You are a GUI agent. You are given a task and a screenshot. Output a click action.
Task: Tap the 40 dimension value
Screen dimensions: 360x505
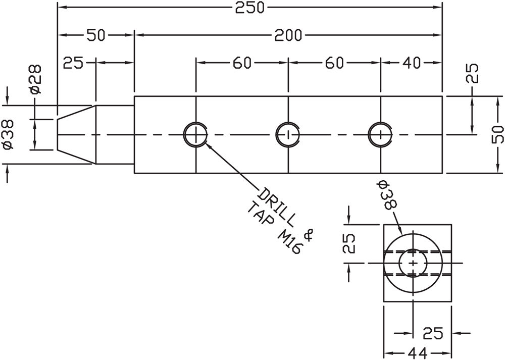pos(412,63)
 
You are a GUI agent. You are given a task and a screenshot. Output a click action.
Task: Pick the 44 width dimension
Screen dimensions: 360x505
pos(417,352)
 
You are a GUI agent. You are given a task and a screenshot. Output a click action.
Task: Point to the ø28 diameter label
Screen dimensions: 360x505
pos(35,79)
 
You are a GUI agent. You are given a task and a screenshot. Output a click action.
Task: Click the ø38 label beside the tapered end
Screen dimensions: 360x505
pos(8,134)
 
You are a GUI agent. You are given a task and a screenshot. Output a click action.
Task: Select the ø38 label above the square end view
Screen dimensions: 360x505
pos(387,195)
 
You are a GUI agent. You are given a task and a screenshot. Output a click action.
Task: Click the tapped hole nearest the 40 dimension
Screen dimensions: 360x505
pos(380,134)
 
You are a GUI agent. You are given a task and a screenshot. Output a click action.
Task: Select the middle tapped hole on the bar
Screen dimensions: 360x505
pos(288,134)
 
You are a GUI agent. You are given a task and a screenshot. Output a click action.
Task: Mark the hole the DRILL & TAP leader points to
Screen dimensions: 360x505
pos(195,134)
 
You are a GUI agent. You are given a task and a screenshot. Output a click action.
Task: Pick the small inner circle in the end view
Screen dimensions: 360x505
pos(414,263)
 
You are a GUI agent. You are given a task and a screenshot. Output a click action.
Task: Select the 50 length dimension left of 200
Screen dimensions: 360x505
pos(96,35)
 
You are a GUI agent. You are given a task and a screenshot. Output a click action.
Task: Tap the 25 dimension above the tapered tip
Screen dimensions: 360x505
pos(73,63)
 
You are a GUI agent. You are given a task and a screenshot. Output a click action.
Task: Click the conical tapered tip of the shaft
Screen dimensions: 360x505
pos(76,134)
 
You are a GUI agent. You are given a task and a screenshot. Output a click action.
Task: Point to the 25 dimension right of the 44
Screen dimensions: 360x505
pos(433,334)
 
